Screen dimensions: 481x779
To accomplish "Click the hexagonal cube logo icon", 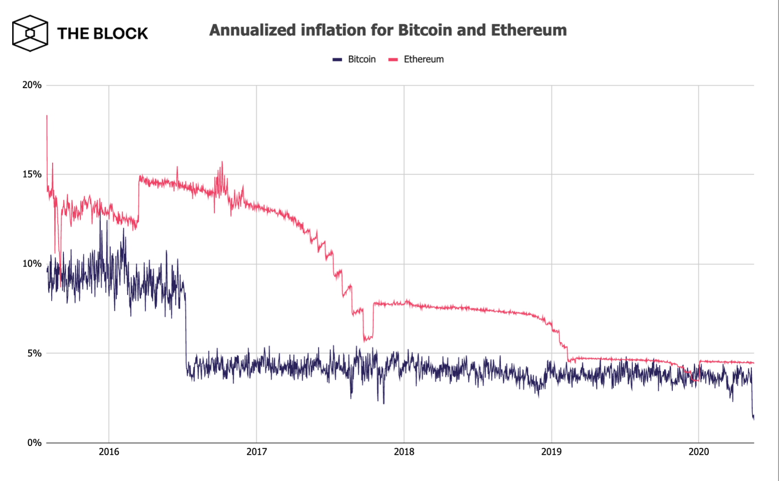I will point(30,33).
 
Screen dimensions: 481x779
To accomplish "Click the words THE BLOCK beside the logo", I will point(102,33).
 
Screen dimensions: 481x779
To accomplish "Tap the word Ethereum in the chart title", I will point(529,30).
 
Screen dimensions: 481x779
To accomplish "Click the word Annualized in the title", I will point(252,30).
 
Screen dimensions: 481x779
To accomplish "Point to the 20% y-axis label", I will point(32,85).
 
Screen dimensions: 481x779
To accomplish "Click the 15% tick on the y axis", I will point(32,174).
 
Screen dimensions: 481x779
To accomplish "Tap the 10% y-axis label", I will point(32,264).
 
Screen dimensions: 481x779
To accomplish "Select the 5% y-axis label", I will point(34,353).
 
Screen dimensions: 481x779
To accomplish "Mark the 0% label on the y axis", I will point(34,443).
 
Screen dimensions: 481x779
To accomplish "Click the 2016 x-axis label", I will point(109,452).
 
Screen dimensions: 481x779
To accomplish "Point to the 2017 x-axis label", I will point(257,452).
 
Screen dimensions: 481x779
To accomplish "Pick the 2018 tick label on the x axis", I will point(404,452).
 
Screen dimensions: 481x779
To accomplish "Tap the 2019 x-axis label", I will point(551,452).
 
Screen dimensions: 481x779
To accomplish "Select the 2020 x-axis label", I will point(699,452).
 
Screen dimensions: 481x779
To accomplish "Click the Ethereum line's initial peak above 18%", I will point(47,116).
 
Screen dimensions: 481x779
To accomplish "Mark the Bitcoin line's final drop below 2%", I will point(753,417).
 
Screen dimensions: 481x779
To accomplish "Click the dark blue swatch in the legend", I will point(337,59).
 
